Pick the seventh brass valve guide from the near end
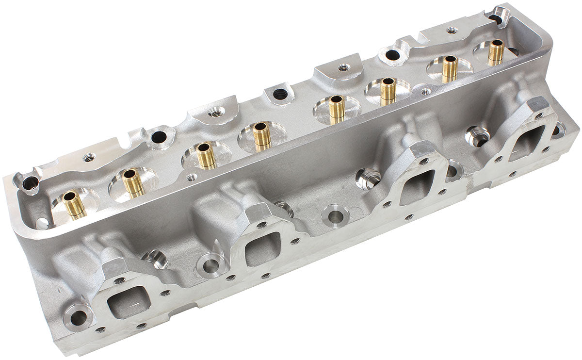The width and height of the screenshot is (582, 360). (x=450, y=68)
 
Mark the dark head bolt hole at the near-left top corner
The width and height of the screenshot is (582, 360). (x=30, y=183)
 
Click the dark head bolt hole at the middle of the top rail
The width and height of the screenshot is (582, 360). (x=280, y=95)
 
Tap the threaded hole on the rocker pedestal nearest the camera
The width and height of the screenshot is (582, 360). (x=89, y=157)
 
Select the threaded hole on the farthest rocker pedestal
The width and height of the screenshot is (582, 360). (x=452, y=30)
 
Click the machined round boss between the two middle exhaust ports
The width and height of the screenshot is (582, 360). (x=334, y=213)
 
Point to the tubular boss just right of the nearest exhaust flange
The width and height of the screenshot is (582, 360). (x=155, y=259)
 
